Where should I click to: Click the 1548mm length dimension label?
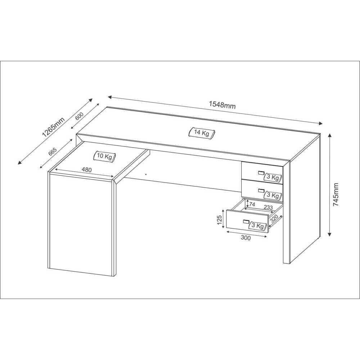point(222,105)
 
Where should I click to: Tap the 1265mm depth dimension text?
point(53,127)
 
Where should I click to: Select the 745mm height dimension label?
point(336,194)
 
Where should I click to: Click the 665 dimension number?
point(52,151)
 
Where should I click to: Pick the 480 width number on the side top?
point(86,170)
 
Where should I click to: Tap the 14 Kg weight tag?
point(202,133)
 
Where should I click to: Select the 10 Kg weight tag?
point(104,156)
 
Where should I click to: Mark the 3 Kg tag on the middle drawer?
point(273,195)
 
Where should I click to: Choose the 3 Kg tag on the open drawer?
point(258,226)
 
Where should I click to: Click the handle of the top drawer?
point(261,173)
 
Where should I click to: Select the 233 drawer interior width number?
point(268,207)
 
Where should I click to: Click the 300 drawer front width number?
point(246,237)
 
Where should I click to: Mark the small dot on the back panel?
point(146,174)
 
